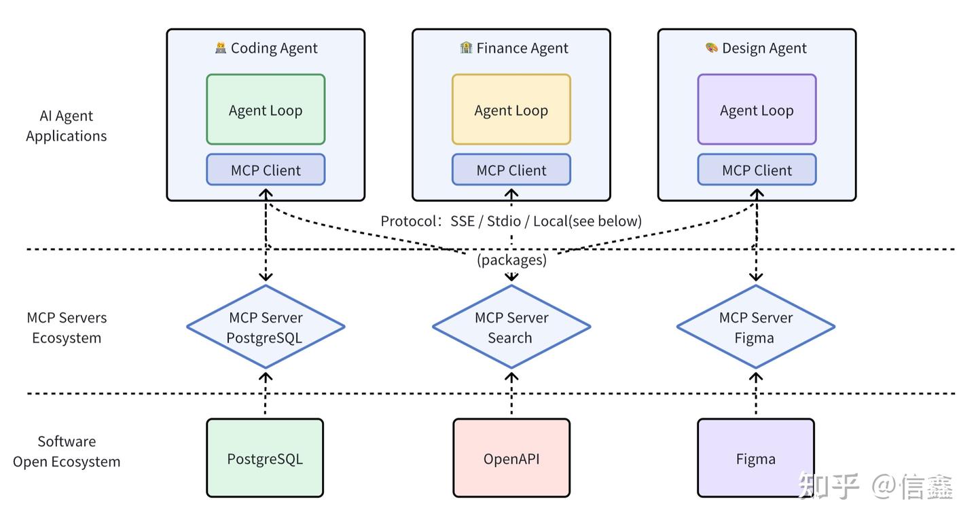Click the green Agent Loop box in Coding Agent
tap(266, 109)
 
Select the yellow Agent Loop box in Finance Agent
tap(511, 109)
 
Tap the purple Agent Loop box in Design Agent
tap(757, 109)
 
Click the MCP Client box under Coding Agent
tap(266, 170)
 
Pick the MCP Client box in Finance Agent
tap(511, 170)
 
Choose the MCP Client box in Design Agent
tap(757, 170)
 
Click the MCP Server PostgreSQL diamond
tap(266, 327)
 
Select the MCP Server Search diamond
tap(511, 327)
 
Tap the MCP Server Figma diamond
tap(756, 327)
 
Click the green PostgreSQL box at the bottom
tap(265, 458)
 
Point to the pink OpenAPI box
tap(511, 458)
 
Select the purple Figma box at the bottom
tap(756, 458)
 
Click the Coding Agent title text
tap(274, 48)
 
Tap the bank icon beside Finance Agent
tap(466, 48)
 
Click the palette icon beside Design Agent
tap(711, 48)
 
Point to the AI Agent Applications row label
tap(67, 126)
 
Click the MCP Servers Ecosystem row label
tap(67, 327)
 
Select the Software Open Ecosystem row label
tap(67, 451)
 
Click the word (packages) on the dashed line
tap(511, 259)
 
